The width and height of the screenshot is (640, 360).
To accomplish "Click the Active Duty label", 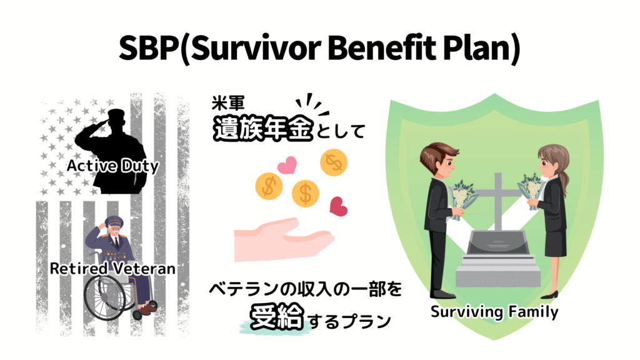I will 112,166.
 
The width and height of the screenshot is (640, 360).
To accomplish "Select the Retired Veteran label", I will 112,269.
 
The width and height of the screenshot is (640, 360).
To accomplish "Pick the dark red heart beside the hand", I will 338,206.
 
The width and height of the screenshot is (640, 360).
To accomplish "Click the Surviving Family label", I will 494,311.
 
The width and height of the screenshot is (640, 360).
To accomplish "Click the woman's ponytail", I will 566,181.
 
